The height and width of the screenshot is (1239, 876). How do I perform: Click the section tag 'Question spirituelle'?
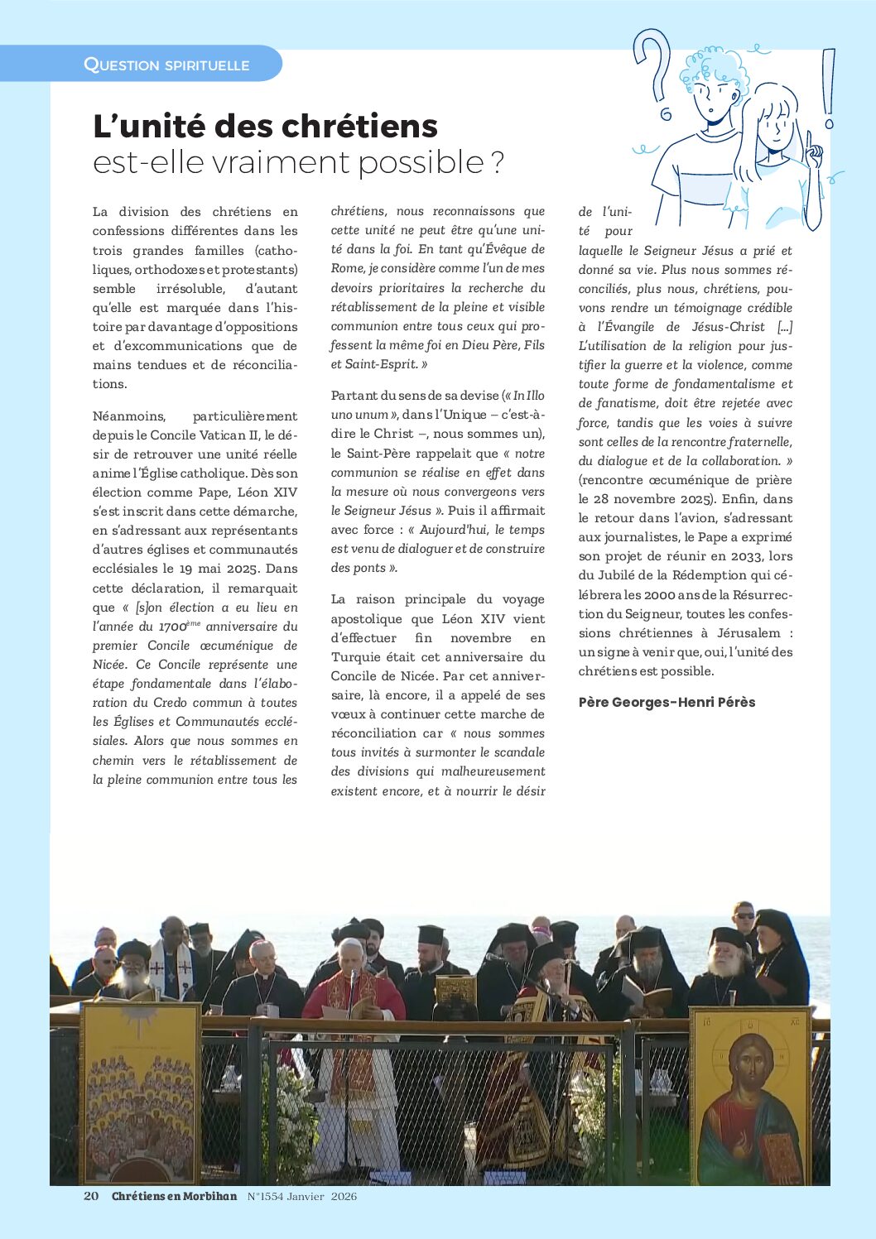click(166, 65)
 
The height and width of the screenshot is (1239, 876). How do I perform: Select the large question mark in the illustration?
click(654, 66)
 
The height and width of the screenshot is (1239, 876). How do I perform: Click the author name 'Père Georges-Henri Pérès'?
click(667, 702)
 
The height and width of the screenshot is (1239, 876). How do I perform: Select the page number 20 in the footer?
click(91, 1196)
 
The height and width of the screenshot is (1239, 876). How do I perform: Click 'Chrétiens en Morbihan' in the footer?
click(174, 1196)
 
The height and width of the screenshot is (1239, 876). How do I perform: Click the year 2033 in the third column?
click(746, 556)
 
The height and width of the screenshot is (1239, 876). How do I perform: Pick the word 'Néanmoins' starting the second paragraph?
click(128, 415)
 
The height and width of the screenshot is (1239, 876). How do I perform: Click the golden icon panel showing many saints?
click(141, 1093)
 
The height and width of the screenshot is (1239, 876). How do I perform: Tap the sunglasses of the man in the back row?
click(744, 916)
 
